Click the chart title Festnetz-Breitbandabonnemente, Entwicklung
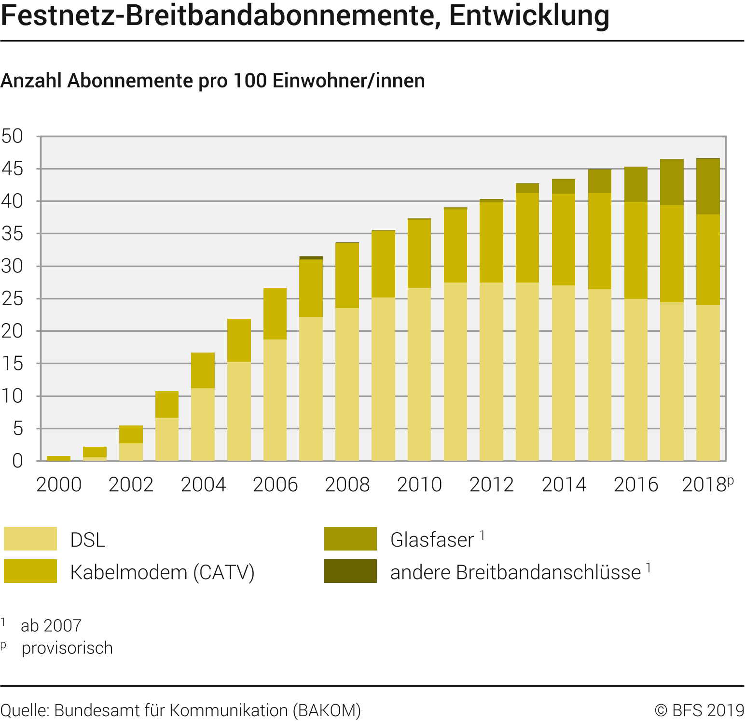click(x=305, y=15)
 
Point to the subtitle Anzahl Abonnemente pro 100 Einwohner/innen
click(x=213, y=81)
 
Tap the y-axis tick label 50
click(x=13, y=136)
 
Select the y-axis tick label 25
click(x=13, y=299)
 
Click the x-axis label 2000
click(x=59, y=485)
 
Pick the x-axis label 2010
click(x=419, y=485)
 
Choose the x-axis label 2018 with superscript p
click(x=707, y=485)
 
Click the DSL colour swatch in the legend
click(x=30, y=539)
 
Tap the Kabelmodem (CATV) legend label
click(x=162, y=572)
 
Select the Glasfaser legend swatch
click(x=350, y=539)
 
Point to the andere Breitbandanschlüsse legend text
click(x=515, y=572)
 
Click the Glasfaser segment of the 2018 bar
click(x=708, y=186)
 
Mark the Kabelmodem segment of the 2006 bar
click(x=275, y=314)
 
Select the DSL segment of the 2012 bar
click(x=491, y=372)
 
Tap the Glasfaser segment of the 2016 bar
click(x=636, y=184)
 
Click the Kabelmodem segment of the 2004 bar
click(x=203, y=370)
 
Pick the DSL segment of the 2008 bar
click(x=347, y=384)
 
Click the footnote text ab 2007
click(x=51, y=626)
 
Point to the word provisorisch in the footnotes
click(x=67, y=648)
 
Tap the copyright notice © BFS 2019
click(x=699, y=710)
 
